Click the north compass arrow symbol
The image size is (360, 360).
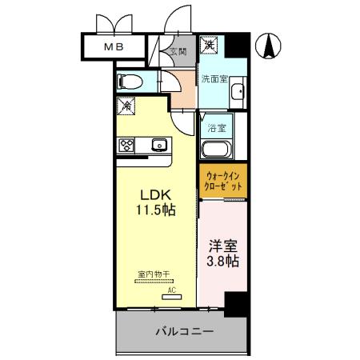point(270,47)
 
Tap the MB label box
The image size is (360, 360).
point(113,47)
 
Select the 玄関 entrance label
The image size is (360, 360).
point(178,52)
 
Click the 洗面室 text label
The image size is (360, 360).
point(214,79)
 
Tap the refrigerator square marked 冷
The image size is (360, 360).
point(126,105)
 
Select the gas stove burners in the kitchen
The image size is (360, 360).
point(127,145)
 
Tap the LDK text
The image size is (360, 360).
point(156,194)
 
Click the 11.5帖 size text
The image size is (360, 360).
point(156,210)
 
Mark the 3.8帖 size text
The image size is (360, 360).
point(222,262)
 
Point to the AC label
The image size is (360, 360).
point(170,290)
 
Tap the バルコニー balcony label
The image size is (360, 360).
point(183,330)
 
